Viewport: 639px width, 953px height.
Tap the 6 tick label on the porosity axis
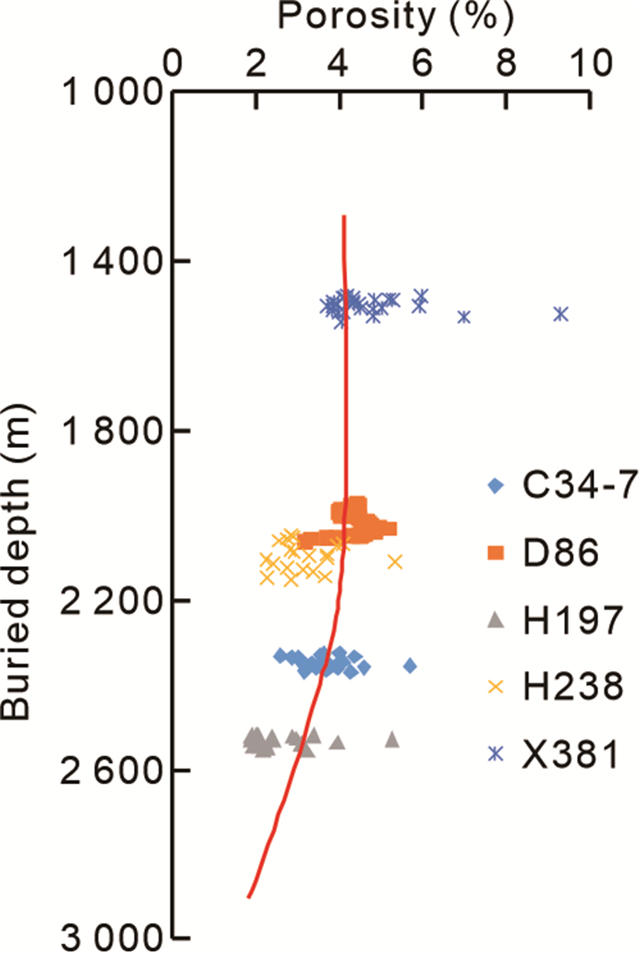(x=422, y=62)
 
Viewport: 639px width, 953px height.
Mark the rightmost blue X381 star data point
(x=560, y=314)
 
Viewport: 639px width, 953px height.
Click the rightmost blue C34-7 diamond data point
(x=410, y=666)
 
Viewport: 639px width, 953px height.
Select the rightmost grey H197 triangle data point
(x=393, y=739)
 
